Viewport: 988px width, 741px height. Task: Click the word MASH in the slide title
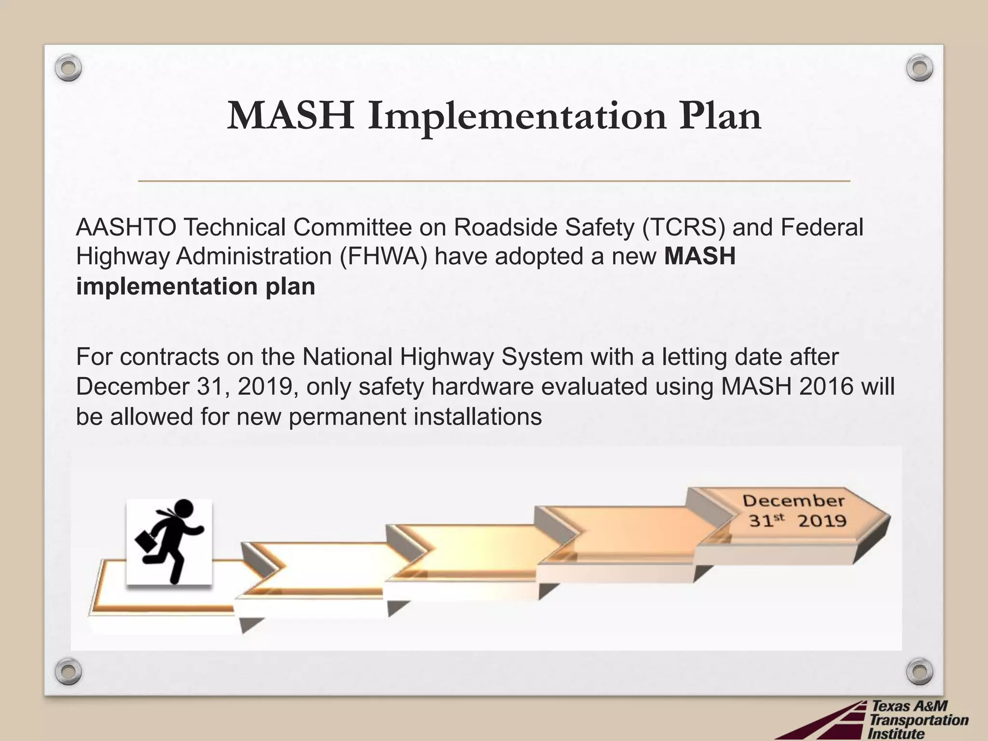tap(290, 116)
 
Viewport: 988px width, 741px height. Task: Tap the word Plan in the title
tap(720, 116)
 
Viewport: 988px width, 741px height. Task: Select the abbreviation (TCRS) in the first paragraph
tap(683, 228)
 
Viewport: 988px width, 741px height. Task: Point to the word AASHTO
tap(126, 228)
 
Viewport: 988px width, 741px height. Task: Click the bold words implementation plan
tap(195, 287)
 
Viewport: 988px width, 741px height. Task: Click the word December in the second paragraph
tap(132, 387)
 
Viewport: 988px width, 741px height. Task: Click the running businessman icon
tap(169, 541)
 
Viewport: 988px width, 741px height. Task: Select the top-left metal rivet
tap(68, 68)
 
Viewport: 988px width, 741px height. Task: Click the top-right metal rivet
tap(919, 68)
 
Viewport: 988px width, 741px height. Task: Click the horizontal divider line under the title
tap(494, 181)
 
